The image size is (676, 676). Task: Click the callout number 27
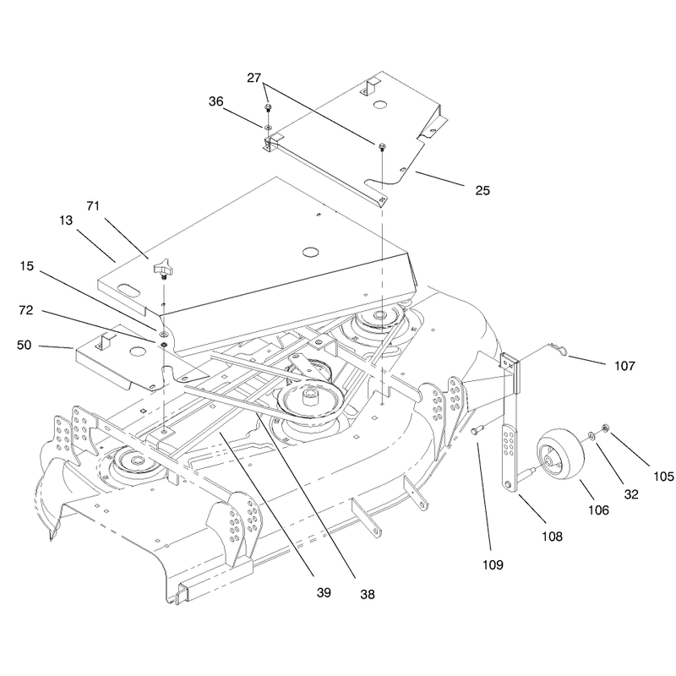tap(254, 78)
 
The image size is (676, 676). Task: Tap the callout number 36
tap(216, 101)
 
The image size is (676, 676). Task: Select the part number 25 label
tap(482, 191)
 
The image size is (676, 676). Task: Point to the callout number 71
tap(93, 206)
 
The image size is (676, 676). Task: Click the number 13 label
tap(66, 221)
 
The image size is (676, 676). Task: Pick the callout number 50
tap(25, 345)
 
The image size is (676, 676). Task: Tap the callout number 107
tap(624, 366)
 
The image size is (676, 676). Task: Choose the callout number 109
tap(493, 564)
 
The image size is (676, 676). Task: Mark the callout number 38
tap(368, 595)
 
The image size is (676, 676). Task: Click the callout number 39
tap(324, 593)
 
